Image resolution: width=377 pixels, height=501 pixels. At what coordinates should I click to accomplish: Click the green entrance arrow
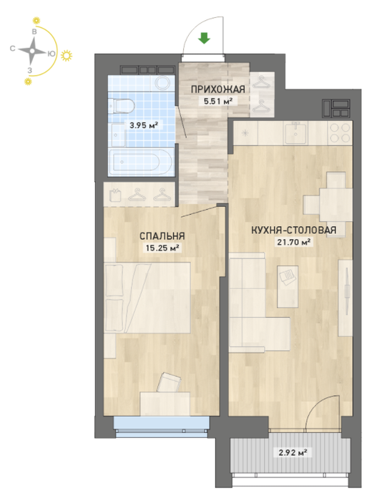pyautogui.click(x=204, y=39)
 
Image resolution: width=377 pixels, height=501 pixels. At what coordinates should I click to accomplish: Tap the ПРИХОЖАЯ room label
pyautogui.click(x=218, y=89)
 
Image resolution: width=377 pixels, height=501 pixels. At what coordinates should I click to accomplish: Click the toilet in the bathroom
pyautogui.click(x=120, y=106)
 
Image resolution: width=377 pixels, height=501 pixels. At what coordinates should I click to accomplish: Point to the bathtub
pyautogui.click(x=141, y=162)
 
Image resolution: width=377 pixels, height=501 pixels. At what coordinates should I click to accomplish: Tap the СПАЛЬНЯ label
pyautogui.click(x=162, y=235)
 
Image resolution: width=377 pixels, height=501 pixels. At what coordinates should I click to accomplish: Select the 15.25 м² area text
pyautogui.click(x=162, y=248)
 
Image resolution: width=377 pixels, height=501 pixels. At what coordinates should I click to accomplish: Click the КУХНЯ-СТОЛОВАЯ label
pyautogui.click(x=293, y=230)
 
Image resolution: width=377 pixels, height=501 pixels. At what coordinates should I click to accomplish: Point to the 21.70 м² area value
pyautogui.click(x=293, y=242)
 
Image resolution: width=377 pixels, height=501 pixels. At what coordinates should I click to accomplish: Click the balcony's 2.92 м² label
pyautogui.click(x=293, y=452)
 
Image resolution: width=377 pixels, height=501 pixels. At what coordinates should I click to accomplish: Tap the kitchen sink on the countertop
pyautogui.click(x=296, y=133)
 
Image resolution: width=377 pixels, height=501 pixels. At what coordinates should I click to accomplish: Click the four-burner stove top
pyautogui.click(x=340, y=133)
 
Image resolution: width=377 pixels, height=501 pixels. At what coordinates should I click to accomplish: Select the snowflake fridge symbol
pyautogui.click(x=245, y=134)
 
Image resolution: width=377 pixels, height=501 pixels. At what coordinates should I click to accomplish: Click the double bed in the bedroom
pyautogui.click(x=147, y=298)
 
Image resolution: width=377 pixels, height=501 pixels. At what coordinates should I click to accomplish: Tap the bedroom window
pyautogui.click(x=162, y=427)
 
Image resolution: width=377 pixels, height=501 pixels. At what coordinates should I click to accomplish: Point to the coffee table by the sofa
pyautogui.click(x=288, y=286)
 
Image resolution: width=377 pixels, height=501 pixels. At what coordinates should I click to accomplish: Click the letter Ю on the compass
pyautogui.click(x=50, y=54)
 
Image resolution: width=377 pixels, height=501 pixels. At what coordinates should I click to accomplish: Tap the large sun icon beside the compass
pyautogui.click(x=67, y=56)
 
